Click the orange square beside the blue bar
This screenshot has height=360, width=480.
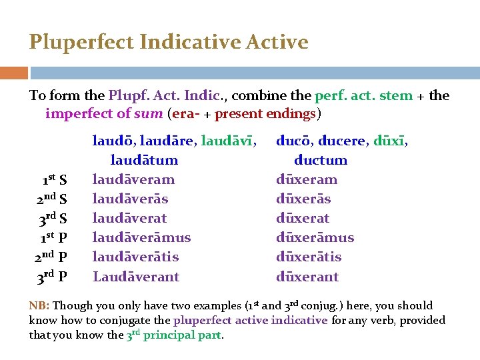tap(14, 73)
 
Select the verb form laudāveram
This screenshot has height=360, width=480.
tap(133, 179)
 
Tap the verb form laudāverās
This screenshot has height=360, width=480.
tap(130, 199)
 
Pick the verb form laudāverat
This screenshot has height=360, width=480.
tap(129, 218)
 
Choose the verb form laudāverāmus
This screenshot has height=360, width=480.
tap(141, 237)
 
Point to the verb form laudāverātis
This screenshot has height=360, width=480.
tap(135, 257)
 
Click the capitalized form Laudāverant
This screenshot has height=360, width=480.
tap(136, 276)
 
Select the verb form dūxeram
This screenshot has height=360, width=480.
tap(307, 179)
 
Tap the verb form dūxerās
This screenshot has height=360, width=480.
tap(303, 199)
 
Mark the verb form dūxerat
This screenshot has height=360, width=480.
tap(303, 218)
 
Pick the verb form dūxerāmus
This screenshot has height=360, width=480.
tap(315, 237)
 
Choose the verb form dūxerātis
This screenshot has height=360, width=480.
tap(309, 257)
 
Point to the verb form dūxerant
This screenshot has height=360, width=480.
tap(307, 276)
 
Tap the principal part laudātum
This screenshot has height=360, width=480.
tap(144, 160)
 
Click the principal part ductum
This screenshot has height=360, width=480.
tap(321, 160)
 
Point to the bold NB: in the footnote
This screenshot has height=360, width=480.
tap(39, 306)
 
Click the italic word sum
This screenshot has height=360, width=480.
tap(149, 113)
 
